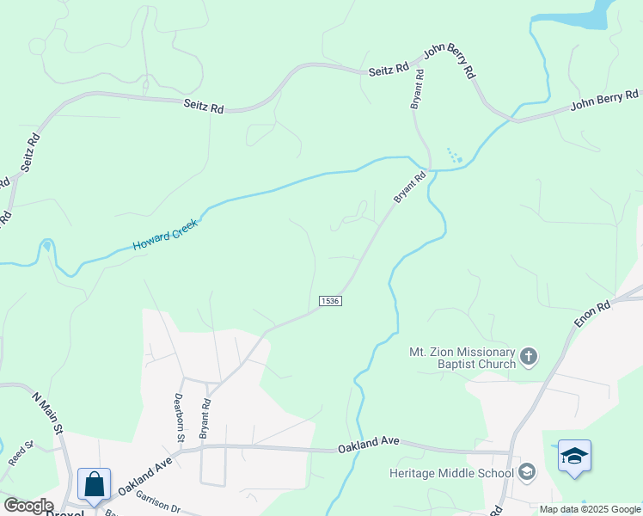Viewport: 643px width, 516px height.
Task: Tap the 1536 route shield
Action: click(x=330, y=300)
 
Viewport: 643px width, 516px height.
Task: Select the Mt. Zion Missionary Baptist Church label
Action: click(x=462, y=357)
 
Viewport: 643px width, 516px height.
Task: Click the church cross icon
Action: click(x=529, y=356)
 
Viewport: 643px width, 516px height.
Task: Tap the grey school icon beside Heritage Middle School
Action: click(x=527, y=472)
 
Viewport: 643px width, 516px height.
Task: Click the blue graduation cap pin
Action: click(x=574, y=456)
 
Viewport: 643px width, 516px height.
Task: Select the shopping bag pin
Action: click(x=94, y=484)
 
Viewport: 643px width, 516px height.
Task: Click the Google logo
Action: click(x=28, y=506)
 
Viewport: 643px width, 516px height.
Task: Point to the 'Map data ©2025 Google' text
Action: click(x=590, y=509)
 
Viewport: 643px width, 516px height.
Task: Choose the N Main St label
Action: click(x=48, y=413)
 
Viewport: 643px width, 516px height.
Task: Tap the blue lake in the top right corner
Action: click(x=585, y=13)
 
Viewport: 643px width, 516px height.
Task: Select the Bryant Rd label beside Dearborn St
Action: click(x=205, y=419)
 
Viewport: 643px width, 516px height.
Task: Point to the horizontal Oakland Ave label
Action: click(x=369, y=442)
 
